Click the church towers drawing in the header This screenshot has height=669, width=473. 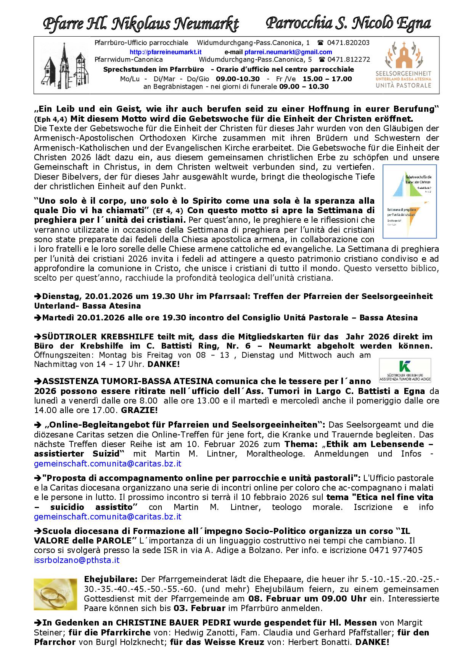pos(66,65)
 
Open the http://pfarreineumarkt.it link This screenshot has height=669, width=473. pos(166,52)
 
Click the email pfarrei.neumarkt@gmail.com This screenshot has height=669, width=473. pos(288,52)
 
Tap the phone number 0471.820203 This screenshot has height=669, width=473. pos(348,43)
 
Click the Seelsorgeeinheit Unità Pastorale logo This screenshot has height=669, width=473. pos(403,65)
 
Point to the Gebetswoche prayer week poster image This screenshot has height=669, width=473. pos(409,201)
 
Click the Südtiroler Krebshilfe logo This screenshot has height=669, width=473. pos(405,370)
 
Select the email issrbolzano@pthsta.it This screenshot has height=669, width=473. pos(77,560)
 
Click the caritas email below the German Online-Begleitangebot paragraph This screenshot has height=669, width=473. pos(108,463)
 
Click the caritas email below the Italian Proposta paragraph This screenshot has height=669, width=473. pos(108,516)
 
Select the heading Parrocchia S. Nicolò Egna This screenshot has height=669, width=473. pos(348,23)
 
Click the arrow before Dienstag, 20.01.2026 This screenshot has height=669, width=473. pos(38,296)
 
